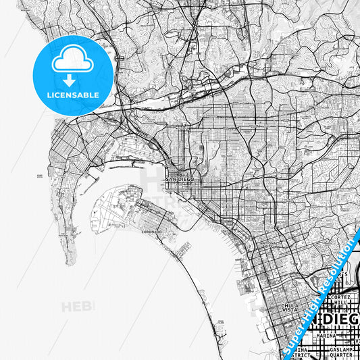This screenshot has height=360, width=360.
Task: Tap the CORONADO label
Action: point(151,232)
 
